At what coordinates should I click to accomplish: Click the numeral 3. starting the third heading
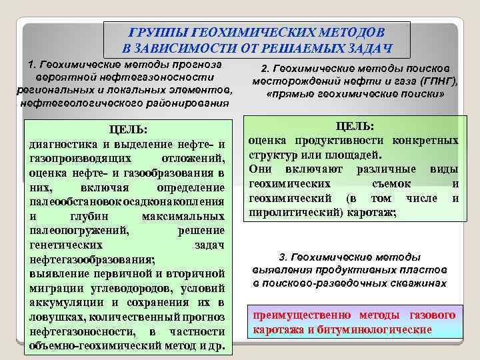282,257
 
